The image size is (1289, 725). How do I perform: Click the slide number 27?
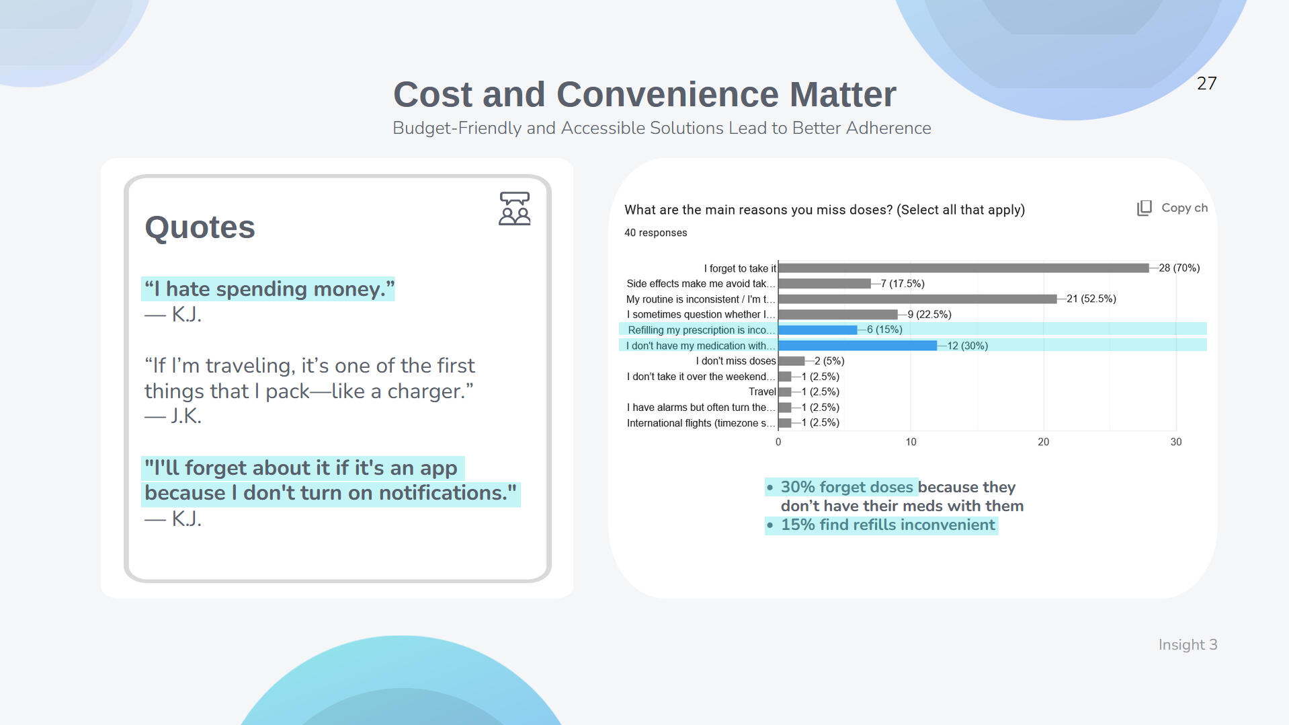pos(1206,83)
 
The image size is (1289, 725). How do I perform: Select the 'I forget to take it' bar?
pos(964,268)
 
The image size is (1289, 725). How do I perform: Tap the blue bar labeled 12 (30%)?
pos(858,346)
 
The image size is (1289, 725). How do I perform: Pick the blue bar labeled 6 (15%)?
pos(818,330)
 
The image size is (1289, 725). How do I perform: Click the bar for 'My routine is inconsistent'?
pos(917,299)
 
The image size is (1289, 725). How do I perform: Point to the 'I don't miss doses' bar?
pos(792,361)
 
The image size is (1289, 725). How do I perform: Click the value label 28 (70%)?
pos(1179,268)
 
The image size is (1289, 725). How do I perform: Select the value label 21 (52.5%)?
pos(1091,299)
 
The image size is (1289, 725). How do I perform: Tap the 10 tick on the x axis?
pos(911,442)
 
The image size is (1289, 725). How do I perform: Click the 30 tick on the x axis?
pos(1175,442)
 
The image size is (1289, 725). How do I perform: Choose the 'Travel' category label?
pos(762,392)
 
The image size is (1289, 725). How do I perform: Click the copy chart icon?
pos(1144,208)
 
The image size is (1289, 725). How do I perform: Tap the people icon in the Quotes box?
pos(515,208)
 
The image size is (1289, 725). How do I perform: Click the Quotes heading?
pos(200,227)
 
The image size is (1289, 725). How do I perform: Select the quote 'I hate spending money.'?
pos(269,289)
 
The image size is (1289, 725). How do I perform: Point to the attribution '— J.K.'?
pos(173,416)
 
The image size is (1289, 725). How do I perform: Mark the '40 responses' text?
pos(655,233)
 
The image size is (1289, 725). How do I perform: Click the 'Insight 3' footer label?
pos(1188,645)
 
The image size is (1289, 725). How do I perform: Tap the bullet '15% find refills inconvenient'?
pos(887,525)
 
